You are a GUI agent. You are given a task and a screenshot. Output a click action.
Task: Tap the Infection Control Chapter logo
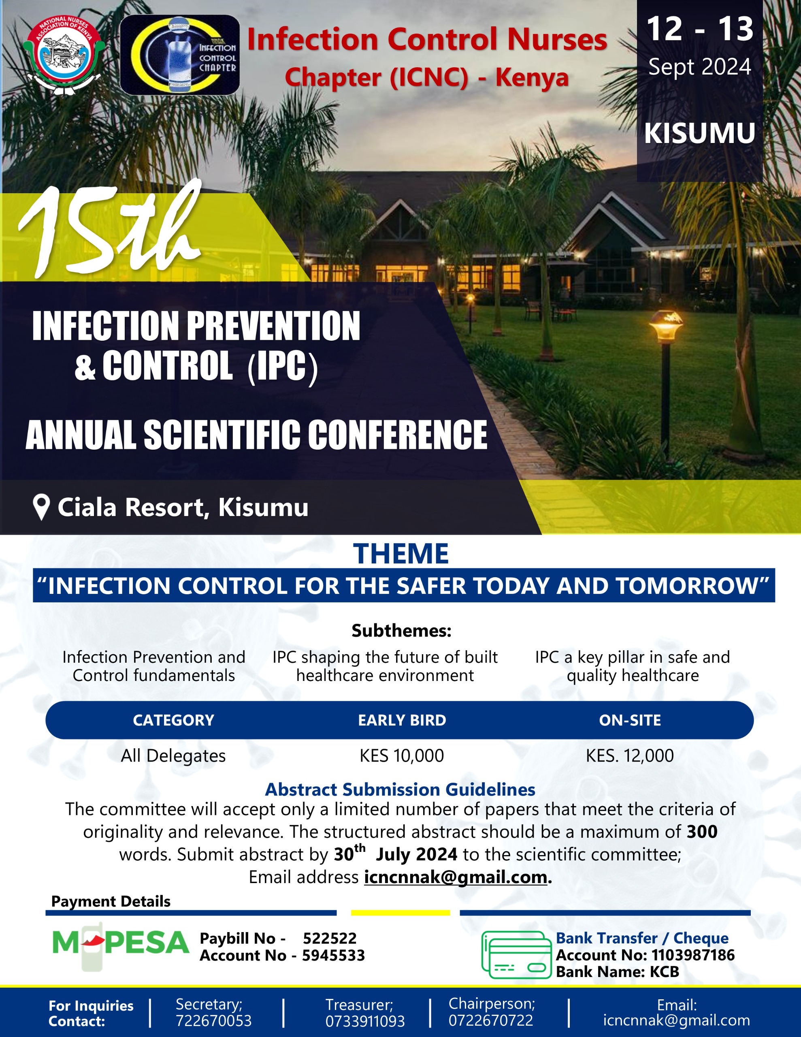click(x=179, y=55)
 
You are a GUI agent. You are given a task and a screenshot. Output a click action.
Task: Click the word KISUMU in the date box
click(x=699, y=133)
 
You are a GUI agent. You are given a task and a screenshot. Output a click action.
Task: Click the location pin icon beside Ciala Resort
click(x=41, y=508)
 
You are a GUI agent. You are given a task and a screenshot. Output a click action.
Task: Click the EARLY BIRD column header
click(x=402, y=720)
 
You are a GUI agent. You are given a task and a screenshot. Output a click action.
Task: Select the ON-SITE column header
click(x=630, y=720)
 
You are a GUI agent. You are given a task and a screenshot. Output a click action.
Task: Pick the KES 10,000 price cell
click(x=401, y=756)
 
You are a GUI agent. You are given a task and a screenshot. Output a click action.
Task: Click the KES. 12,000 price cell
click(x=630, y=756)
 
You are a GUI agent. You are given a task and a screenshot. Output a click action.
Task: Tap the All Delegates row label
click(x=173, y=756)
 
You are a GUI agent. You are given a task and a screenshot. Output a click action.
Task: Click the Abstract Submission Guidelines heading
click(x=400, y=789)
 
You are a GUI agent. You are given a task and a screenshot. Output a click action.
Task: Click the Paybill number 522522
click(x=330, y=938)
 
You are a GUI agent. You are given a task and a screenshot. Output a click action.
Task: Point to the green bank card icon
click(x=517, y=954)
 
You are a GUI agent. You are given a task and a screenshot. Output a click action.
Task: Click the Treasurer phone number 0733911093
click(x=364, y=1021)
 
